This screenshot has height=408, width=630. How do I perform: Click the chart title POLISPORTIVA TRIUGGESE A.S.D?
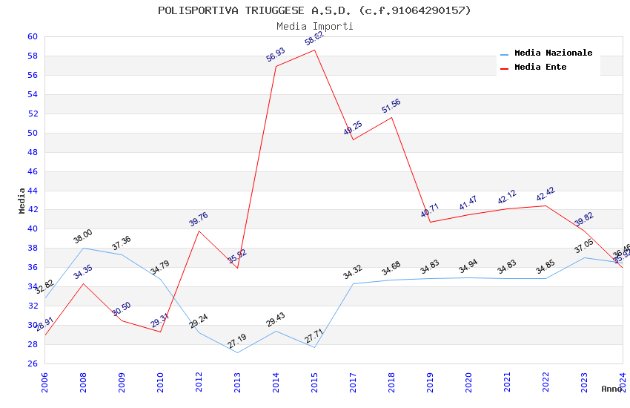[x=314, y=10]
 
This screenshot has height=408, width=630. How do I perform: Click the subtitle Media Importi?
[x=314, y=26]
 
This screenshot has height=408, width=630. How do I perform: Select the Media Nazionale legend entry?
[x=553, y=53]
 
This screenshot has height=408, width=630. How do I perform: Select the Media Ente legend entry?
[x=540, y=68]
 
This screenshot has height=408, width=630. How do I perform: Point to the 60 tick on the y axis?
[x=33, y=36]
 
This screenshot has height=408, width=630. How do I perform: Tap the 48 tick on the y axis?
[x=33, y=152]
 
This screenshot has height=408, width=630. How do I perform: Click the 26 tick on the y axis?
[x=33, y=363]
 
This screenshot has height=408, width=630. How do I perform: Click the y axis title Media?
[x=22, y=200]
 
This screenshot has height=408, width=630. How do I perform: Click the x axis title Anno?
[x=611, y=389]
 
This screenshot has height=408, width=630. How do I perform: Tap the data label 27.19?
[x=236, y=342]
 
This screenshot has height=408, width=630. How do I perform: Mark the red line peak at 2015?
[x=315, y=50]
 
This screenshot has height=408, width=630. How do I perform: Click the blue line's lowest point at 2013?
[x=237, y=352]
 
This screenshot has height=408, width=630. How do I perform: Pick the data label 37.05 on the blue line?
[x=584, y=246]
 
